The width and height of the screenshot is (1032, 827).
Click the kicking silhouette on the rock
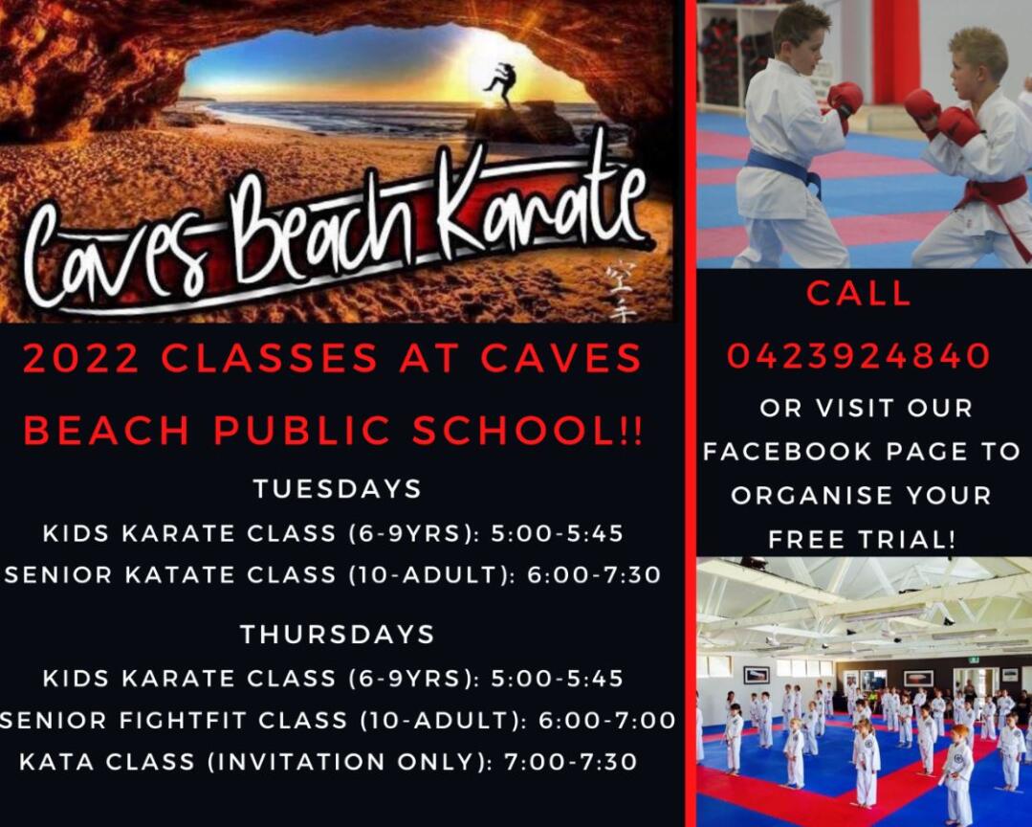(x=501, y=83)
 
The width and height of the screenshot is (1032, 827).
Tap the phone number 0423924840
(x=859, y=356)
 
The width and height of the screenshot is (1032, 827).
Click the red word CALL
(x=859, y=293)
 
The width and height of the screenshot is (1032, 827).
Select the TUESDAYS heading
(x=337, y=489)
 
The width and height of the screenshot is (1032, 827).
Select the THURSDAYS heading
(x=337, y=634)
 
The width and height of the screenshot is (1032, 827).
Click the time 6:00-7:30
(x=594, y=575)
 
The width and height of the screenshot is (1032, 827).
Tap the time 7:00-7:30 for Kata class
(x=571, y=762)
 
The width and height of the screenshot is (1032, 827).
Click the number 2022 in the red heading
(x=81, y=359)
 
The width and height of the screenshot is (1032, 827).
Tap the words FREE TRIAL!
(x=862, y=540)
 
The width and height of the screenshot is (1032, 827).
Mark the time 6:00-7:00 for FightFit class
(x=606, y=721)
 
